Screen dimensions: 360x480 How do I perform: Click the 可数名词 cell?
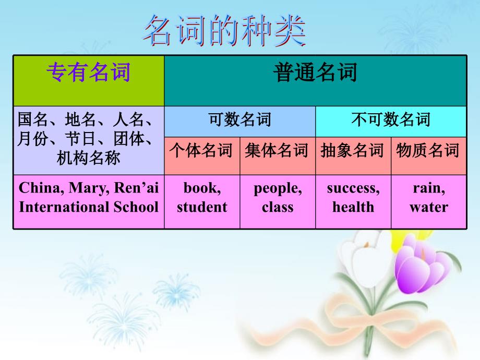[239, 120]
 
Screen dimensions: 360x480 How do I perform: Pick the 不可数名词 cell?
[391, 120]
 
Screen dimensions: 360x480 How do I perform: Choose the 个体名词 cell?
[201, 151]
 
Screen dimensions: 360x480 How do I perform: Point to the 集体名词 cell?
[277, 151]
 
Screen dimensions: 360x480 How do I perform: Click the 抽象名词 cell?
[353, 151]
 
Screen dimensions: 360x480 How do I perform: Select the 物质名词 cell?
[428, 151]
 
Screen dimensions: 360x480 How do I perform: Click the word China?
[37, 188]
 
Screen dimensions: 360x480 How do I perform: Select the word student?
[202, 207]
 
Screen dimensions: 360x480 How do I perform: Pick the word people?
[277, 188]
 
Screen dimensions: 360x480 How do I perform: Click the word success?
[353, 188]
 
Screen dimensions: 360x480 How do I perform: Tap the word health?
[353, 207]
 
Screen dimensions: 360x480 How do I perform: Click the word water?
[428, 207]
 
